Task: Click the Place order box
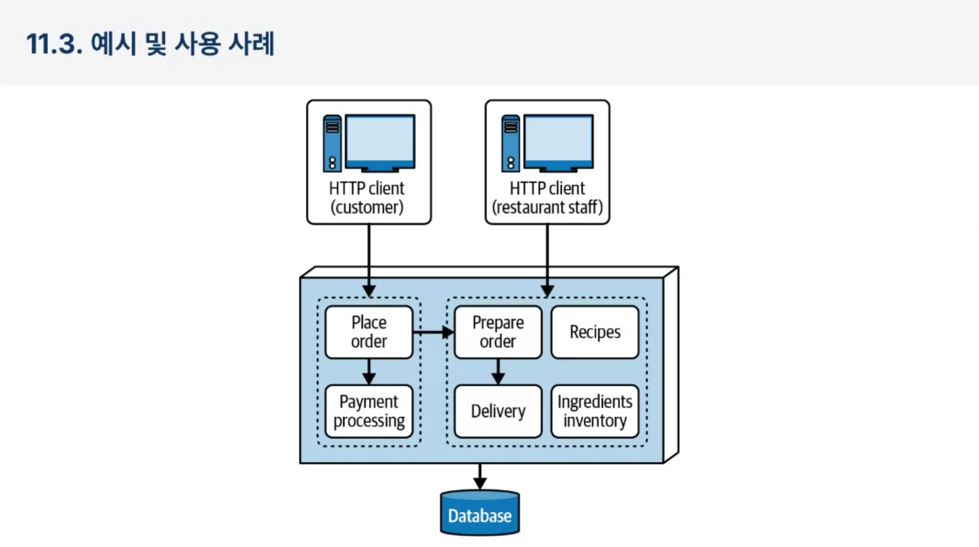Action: coord(369,332)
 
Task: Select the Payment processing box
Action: coord(369,411)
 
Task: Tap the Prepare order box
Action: coord(498,332)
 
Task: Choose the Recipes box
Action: coord(595,332)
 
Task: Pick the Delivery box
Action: coord(498,411)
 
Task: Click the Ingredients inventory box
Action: coord(595,411)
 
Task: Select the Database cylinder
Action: coord(480,513)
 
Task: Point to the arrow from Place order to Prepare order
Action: coord(433,332)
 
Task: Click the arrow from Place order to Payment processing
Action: coord(369,372)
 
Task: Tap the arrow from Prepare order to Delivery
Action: coord(498,372)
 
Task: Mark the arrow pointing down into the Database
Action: coord(480,477)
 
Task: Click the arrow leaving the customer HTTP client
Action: coord(369,260)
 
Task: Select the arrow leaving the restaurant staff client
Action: coord(547,260)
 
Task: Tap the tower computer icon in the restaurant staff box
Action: coord(510,143)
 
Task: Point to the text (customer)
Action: coord(367,207)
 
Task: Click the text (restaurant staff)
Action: coord(547,207)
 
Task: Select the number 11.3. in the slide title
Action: coord(54,44)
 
